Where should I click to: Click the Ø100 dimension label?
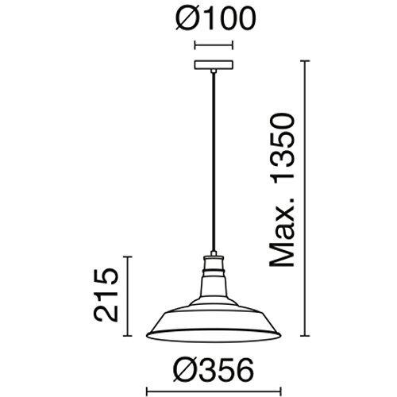(x=216, y=18)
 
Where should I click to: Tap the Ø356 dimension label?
(x=214, y=369)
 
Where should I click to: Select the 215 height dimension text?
(x=106, y=295)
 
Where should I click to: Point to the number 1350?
(x=281, y=148)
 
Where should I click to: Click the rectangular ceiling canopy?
(x=214, y=65)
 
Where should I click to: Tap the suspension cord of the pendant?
(x=214, y=162)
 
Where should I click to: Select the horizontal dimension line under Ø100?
(x=214, y=45)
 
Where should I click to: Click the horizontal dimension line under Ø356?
(x=214, y=390)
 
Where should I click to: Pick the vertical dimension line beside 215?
(x=128, y=296)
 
